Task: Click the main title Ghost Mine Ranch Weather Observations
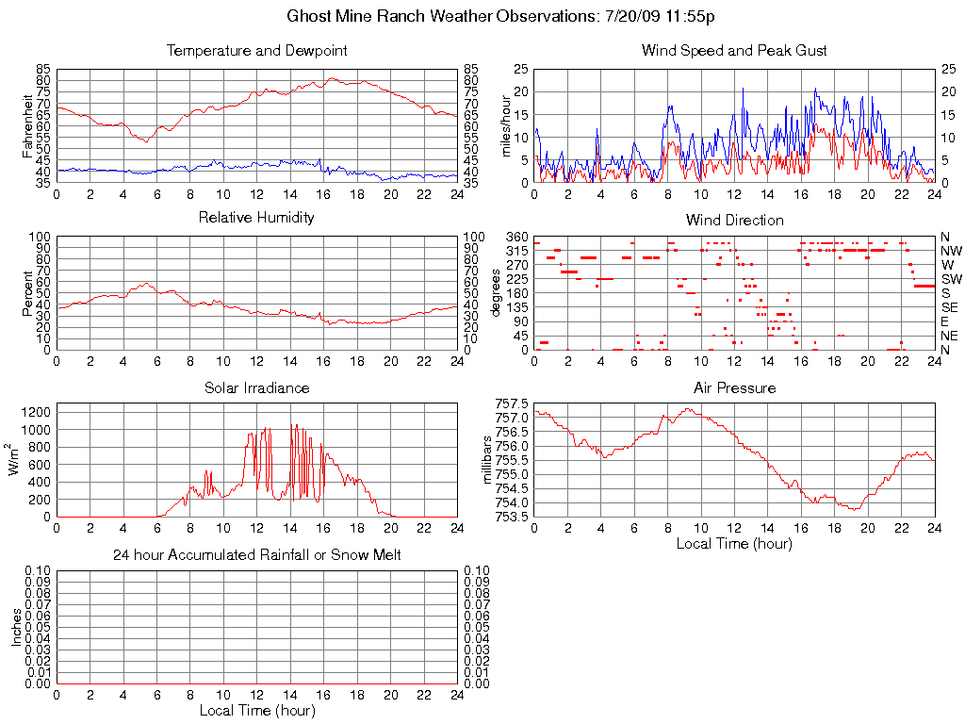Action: point(506,17)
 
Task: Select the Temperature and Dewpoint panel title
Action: point(256,50)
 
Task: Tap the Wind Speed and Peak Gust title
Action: point(734,50)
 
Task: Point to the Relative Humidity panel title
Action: point(256,218)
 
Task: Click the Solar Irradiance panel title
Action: point(256,387)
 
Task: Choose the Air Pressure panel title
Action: point(734,387)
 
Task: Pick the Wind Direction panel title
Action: point(734,220)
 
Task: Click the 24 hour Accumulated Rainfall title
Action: point(256,555)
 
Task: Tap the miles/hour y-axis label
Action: point(504,125)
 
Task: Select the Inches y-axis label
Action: point(16,627)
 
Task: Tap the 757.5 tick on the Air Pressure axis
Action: point(510,403)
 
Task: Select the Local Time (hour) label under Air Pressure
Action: point(734,543)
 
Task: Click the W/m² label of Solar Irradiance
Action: point(15,459)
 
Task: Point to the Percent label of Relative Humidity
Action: point(27,293)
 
